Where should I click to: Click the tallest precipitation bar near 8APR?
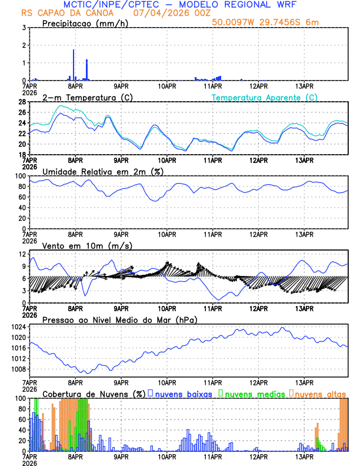pyautogui.click(x=74, y=65)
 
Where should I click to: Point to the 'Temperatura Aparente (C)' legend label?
pyautogui.click(x=265, y=97)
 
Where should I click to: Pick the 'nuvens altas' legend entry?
pyautogui.click(x=321, y=393)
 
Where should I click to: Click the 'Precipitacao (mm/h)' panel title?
pyautogui.click(x=83, y=23)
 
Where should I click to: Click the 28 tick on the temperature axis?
pyautogui.click(x=22, y=102)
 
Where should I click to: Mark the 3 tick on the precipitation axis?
pyautogui.click(x=24, y=28)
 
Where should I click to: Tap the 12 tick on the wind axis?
pyautogui.click(x=22, y=254)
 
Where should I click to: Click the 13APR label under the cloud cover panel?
pyautogui.click(x=304, y=456)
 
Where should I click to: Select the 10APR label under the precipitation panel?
pyautogui.click(x=167, y=85)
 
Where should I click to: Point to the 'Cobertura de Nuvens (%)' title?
pyautogui.click(x=94, y=393)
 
